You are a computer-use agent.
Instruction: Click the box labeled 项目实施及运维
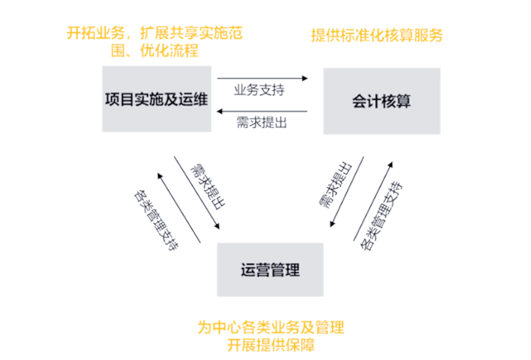[x=156, y=99]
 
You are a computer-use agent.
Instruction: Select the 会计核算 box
[x=382, y=101]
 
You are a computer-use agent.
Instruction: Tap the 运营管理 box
[x=270, y=270]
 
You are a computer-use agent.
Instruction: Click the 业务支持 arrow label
[x=259, y=91]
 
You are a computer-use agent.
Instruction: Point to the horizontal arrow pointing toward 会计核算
[x=262, y=78]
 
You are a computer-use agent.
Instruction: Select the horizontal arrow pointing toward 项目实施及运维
[x=262, y=112]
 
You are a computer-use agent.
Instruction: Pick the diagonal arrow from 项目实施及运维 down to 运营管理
[x=196, y=193]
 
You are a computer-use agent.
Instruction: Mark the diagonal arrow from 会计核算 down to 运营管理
[x=347, y=192]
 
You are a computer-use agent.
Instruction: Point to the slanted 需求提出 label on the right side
[x=335, y=185]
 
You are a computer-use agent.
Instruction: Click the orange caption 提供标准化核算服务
[x=377, y=35]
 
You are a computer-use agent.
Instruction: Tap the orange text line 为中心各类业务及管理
[x=270, y=327]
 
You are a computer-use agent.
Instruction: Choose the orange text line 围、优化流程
[x=155, y=51]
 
